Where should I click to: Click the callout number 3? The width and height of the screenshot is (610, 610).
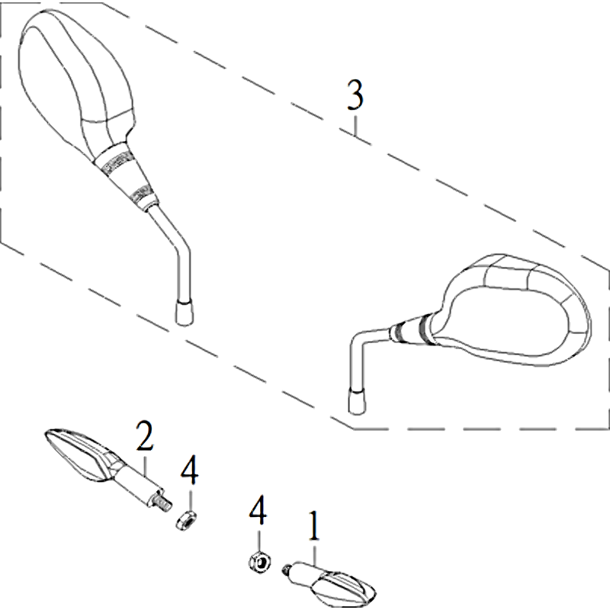pos(355,94)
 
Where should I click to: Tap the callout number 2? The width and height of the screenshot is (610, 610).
pos(144,437)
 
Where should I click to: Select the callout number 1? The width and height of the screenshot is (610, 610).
pos(314,526)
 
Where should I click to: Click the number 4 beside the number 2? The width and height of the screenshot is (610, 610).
pos(189,470)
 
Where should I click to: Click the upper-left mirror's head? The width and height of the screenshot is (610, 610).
pos(76,82)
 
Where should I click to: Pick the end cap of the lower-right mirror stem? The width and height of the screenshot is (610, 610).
pos(357,400)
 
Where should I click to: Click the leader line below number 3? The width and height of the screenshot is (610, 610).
pos(355,124)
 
